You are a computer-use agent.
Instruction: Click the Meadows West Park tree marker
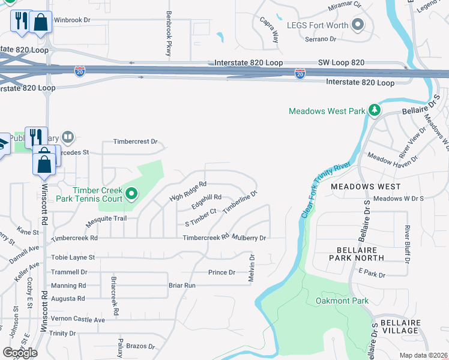click(x=375, y=110)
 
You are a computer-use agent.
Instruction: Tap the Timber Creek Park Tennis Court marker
click(x=131, y=194)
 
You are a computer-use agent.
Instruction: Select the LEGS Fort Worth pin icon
click(x=358, y=25)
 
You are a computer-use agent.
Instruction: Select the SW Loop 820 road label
click(x=357, y=62)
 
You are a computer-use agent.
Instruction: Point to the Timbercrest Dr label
click(x=136, y=142)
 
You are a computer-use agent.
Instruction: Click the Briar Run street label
click(x=182, y=286)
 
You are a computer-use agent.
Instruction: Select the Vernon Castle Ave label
click(x=78, y=320)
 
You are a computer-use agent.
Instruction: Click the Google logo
click(x=20, y=352)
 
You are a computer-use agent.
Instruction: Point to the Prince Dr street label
click(x=221, y=272)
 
